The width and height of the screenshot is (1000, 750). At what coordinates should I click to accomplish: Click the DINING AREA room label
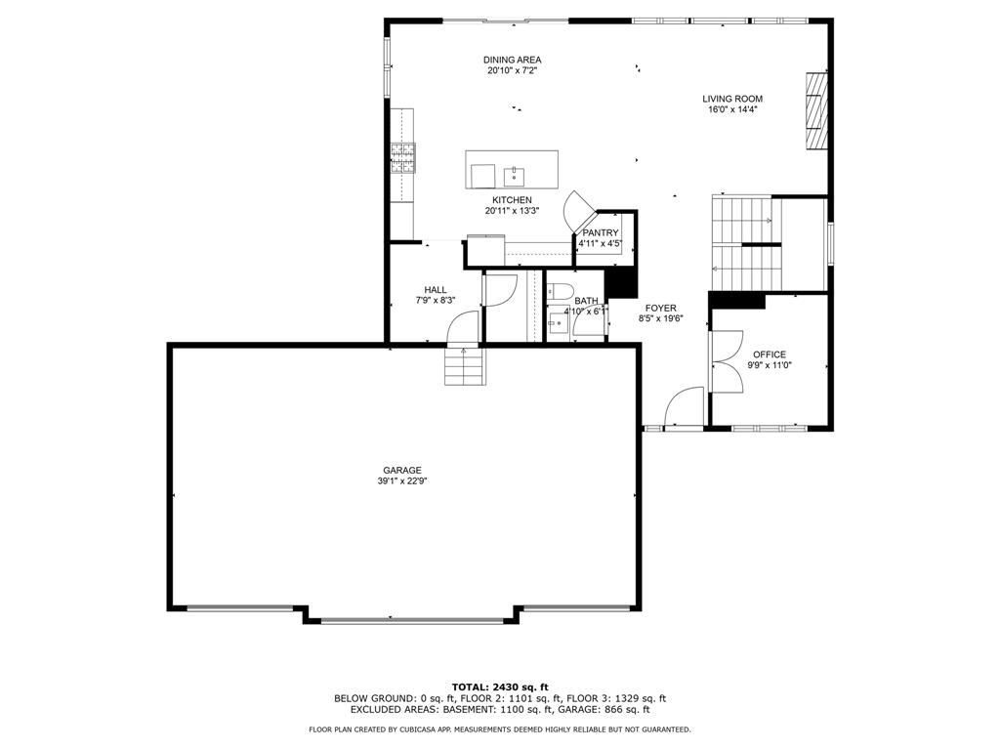point(512,60)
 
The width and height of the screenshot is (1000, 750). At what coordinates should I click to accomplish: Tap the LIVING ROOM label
point(732,99)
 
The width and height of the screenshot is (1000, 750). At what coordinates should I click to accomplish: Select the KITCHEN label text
point(512,200)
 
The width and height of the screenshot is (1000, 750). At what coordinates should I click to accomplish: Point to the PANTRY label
point(601,232)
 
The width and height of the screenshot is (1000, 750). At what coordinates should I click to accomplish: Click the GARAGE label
point(401,471)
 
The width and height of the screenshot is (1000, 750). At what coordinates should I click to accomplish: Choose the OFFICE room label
point(770,354)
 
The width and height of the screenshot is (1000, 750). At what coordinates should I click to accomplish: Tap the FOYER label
point(661,308)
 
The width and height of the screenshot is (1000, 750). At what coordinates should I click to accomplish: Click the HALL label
point(436,289)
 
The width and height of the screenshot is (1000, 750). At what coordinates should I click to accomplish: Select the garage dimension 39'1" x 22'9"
point(401,481)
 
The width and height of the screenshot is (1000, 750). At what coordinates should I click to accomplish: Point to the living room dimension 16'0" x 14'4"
point(732,109)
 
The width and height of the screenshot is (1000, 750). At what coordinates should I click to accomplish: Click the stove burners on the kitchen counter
point(403,158)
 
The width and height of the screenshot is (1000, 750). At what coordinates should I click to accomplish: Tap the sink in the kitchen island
point(514,175)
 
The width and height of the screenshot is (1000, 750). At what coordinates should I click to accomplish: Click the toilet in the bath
point(561,290)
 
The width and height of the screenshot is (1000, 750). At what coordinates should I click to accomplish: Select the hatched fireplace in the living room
point(815,111)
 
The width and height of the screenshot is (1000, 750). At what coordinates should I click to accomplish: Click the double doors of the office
point(727,361)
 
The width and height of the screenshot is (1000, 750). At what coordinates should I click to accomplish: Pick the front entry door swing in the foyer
point(684,406)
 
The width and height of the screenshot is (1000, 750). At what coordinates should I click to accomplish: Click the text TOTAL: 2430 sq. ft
point(500,687)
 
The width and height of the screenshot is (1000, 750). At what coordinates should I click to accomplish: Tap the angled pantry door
point(579,211)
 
